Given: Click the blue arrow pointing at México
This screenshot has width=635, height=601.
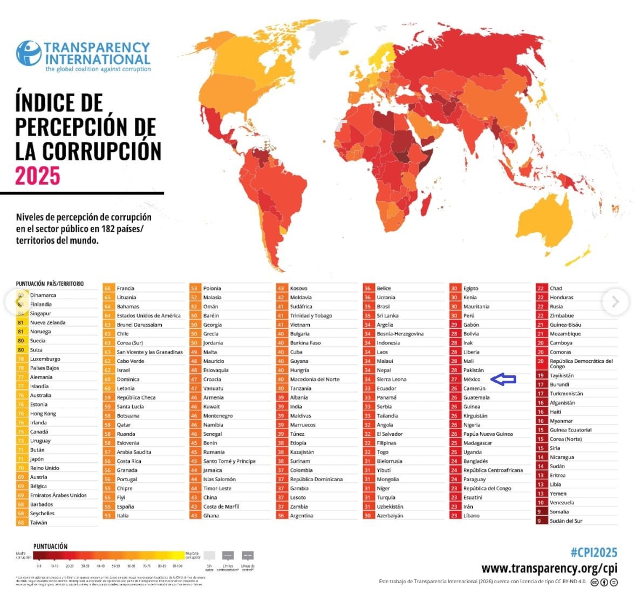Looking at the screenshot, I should click(505, 380).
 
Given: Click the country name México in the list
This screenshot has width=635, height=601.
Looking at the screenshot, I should click(472, 380).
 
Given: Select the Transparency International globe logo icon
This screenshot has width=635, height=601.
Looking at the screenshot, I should click(29, 53).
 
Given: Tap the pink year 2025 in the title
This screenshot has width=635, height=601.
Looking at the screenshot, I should click(37, 176).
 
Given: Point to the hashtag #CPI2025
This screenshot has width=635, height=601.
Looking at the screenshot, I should click(593, 552).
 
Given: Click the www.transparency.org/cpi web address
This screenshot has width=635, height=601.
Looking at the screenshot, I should click(549, 568).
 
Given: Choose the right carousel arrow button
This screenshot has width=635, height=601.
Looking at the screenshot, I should click(616, 302).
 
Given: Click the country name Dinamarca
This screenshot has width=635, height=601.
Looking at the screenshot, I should click(43, 295).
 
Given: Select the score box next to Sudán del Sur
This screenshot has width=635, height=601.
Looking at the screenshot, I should click(541, 521).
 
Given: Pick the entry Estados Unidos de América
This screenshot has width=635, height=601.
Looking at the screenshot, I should click(148, 316).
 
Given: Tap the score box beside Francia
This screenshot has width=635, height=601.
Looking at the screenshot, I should click(108, 288).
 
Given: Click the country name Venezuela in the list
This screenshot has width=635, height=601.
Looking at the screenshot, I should click(562, 503).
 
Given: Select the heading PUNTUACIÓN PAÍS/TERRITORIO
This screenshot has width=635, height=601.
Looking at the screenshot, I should click(50, 283).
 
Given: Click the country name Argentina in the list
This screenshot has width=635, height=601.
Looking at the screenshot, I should click(301, 516).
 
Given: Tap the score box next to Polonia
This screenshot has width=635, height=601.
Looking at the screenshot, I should click(194, 288).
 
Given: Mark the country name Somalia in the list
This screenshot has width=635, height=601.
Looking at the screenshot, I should click(559, 512).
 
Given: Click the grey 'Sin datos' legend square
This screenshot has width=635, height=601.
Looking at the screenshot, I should click(210, 556).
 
